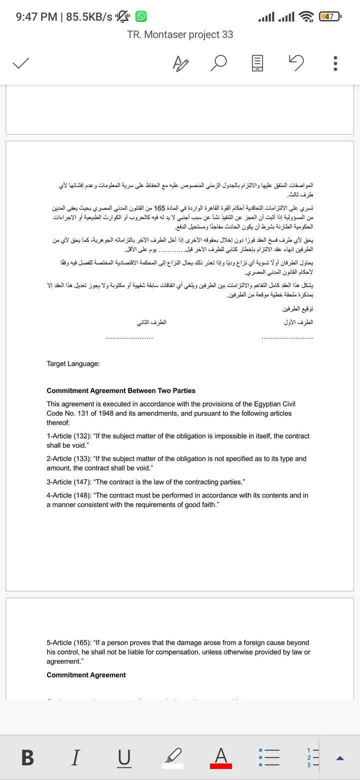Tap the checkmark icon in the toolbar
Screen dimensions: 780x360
tap(20, 63)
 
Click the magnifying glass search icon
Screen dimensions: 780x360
tap(219, 63)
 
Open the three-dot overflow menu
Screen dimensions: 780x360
tap(335, 63)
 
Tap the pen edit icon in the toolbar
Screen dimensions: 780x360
tap(180, 63)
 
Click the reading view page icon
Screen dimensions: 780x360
tap(257, 63)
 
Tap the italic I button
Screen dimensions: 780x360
tap(75, 758)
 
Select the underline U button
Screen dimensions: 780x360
tap(122, 758)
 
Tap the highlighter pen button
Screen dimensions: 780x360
tap(172, 758)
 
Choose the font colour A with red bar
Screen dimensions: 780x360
tap(220, 757)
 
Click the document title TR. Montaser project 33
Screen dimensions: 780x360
tap(180, 34)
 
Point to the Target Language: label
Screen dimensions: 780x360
tap(73, 363)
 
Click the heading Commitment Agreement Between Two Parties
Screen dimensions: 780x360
tap(121, 390)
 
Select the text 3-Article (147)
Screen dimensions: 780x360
tap(68, 481)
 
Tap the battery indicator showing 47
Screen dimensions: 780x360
tap(329, 17)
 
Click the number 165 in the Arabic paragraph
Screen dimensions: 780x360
tap(159, 207)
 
